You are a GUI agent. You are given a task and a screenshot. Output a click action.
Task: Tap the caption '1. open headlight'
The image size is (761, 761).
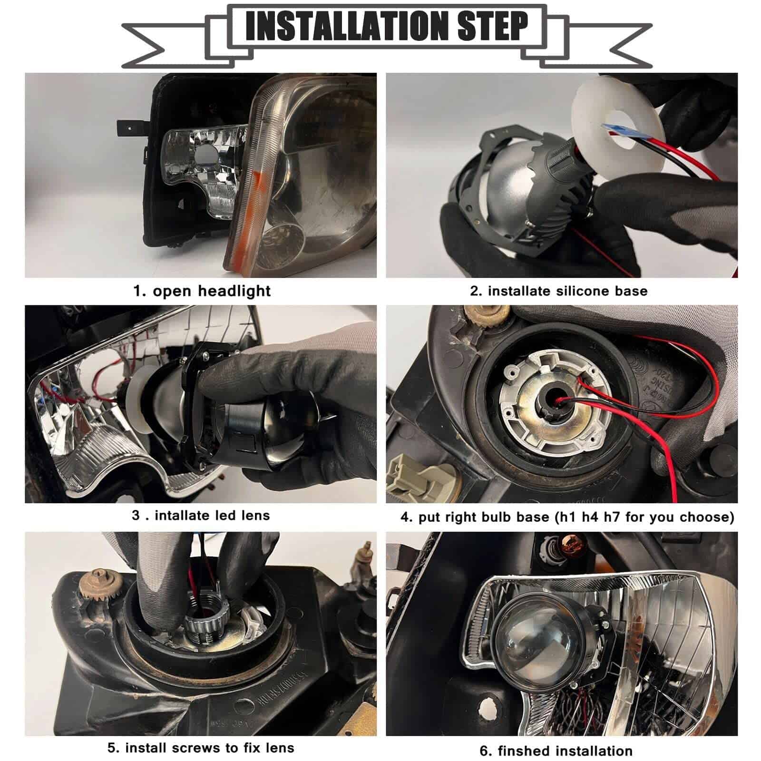tap(202, 291)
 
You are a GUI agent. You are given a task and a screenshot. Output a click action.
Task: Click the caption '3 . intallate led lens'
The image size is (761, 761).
tap(201, 516)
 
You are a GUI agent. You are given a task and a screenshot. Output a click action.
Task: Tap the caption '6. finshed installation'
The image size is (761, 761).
tap(556, 751)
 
